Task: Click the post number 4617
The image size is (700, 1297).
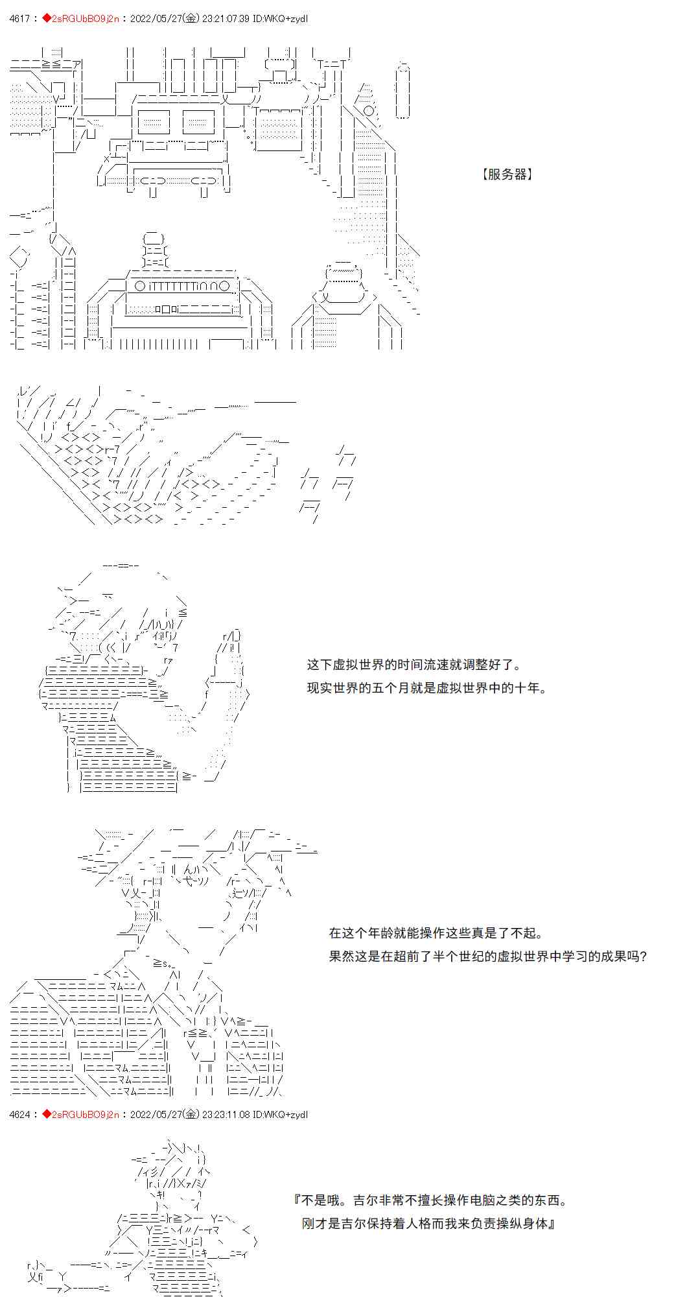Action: coord(20,19)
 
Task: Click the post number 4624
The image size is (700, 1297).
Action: coord(20,1114)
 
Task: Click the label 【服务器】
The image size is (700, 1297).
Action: coord(507,174)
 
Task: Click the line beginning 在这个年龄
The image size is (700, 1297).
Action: coord(436,933)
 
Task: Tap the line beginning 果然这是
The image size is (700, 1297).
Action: coord(488,957)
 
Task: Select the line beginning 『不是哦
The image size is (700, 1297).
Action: coord(431,1200)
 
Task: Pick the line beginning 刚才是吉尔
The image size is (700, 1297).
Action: coord(429,1224)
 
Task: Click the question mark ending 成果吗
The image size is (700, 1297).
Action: coord(642,957)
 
